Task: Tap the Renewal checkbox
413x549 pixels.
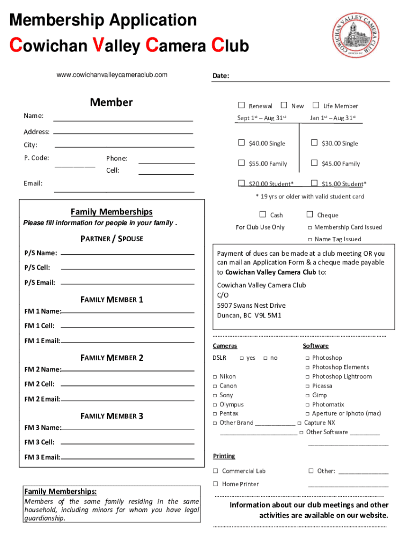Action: (241, 106)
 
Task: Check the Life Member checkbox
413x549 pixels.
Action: (315, 106)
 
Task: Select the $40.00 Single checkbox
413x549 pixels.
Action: (241, 143)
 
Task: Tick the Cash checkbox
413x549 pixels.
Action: (263, 214)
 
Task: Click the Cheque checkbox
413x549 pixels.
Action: (309, 214)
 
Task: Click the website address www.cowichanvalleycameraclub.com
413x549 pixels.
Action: (112, 75)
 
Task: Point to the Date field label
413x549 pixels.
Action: (220, 76)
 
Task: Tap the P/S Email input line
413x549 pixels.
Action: (128, 283)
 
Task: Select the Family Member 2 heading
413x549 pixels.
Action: (112, 358)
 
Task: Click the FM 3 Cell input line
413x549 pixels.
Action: (128, 443)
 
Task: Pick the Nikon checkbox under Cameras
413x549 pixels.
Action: (215, 377)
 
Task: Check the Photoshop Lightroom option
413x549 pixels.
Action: (307, 377)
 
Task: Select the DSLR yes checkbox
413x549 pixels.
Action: (241, 358)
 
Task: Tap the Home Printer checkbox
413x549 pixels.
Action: (215, 484)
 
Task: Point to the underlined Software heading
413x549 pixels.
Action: (315, 346)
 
